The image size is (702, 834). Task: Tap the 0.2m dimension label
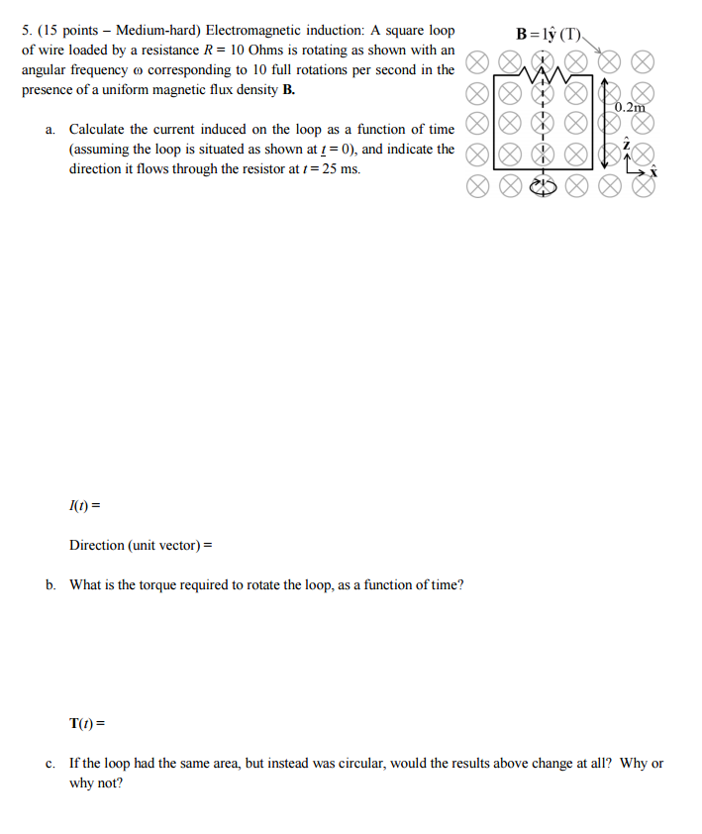[629, 107]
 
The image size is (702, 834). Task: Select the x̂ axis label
[652, 172]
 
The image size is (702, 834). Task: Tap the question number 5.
[26, 30]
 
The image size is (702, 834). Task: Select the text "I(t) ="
[85, 506]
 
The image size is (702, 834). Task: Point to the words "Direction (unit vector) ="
[141, 545]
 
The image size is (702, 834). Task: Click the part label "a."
[50, 130]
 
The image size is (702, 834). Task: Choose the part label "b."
[50, 584]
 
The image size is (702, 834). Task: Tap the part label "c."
[50, 764]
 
